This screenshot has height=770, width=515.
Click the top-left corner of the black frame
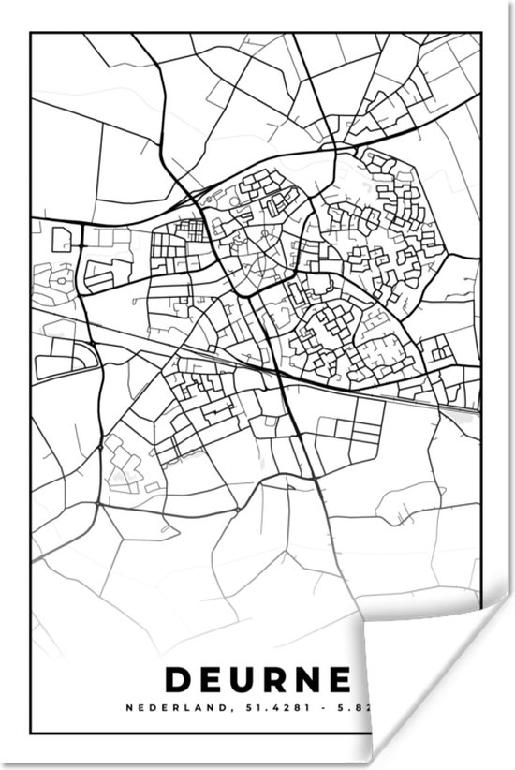point(31,34)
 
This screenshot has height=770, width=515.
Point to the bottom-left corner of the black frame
point(31,733)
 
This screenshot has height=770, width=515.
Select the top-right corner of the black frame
point(481,34)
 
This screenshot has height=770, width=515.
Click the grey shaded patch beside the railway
point(461,413)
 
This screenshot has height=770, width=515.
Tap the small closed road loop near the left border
point(62,239)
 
